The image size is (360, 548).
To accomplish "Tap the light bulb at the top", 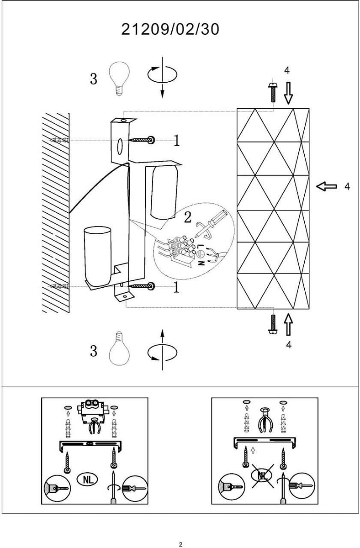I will point(119,78).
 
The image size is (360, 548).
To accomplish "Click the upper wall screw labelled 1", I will point(143,139).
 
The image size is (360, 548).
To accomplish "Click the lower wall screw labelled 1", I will point(143,286).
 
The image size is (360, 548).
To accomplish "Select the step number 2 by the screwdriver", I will point(187,217).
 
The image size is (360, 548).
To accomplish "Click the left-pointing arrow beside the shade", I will point(327,186).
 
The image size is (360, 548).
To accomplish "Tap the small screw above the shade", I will point(273,92).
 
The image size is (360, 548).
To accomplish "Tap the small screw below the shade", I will point(273,326).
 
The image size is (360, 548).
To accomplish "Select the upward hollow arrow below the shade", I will point(288,324).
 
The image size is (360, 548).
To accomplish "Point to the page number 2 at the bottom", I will point(180,544).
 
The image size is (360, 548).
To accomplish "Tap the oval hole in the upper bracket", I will point(120,147).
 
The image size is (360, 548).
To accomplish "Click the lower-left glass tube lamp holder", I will point(97,255).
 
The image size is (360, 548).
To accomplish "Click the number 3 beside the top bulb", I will point(94,79).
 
